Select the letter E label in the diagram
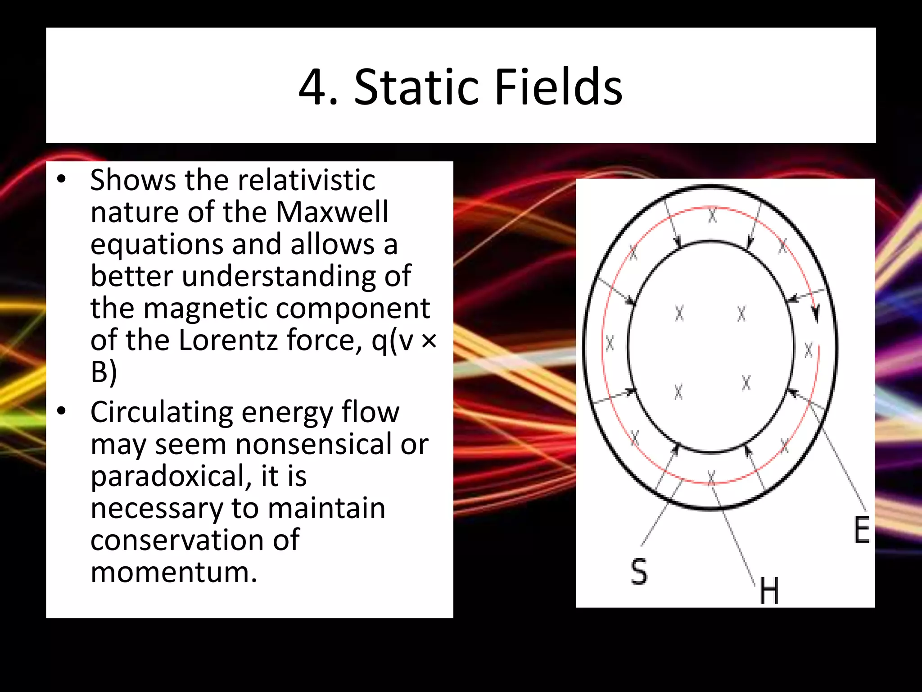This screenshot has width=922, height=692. [862, 530]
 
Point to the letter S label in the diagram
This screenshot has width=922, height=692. [639, 571]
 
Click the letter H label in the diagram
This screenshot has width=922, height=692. [769, 591]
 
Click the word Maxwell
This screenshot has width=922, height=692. [332, 212]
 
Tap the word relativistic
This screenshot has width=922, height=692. [307, 180]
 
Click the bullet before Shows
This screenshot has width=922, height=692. [62, 179]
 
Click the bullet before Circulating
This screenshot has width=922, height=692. [62, 411]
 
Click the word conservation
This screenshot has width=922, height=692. [195, 540]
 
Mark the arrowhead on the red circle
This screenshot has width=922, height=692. [816, 314]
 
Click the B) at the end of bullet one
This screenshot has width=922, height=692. [104, 372]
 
